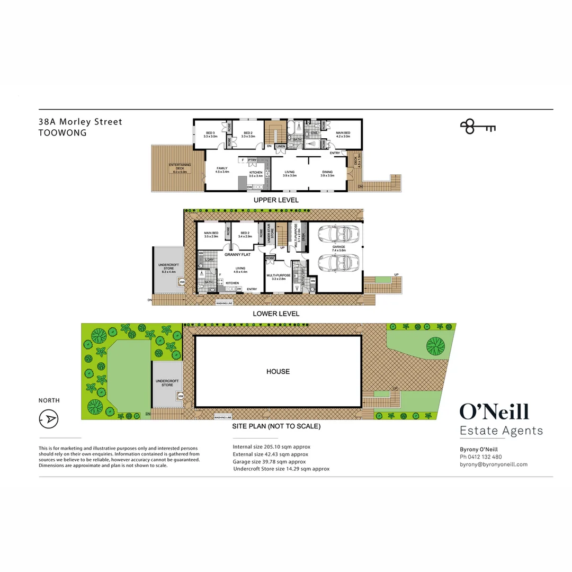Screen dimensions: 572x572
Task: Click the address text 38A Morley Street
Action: (x=80, y=122)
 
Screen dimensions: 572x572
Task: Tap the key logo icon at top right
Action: (x=477, y=126)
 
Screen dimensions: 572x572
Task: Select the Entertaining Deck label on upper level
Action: (x=180, y=168)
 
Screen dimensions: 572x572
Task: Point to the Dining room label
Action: (x=327, y=173)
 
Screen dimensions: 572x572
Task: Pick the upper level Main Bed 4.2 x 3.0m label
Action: (x=343, y=135)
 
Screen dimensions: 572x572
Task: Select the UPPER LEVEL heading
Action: (x=276, y=200)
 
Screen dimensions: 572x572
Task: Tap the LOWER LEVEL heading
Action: (x=276, y=314)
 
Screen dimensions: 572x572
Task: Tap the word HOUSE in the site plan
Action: (x=278, y=372)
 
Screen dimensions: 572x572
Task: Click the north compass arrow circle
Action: (x=49, y=419)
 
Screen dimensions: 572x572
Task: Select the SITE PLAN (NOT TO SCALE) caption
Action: (x=276, y=426)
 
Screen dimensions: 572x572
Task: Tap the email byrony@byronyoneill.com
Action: (x=493, y=464)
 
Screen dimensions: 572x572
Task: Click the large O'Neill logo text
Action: (x=494, y=412)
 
